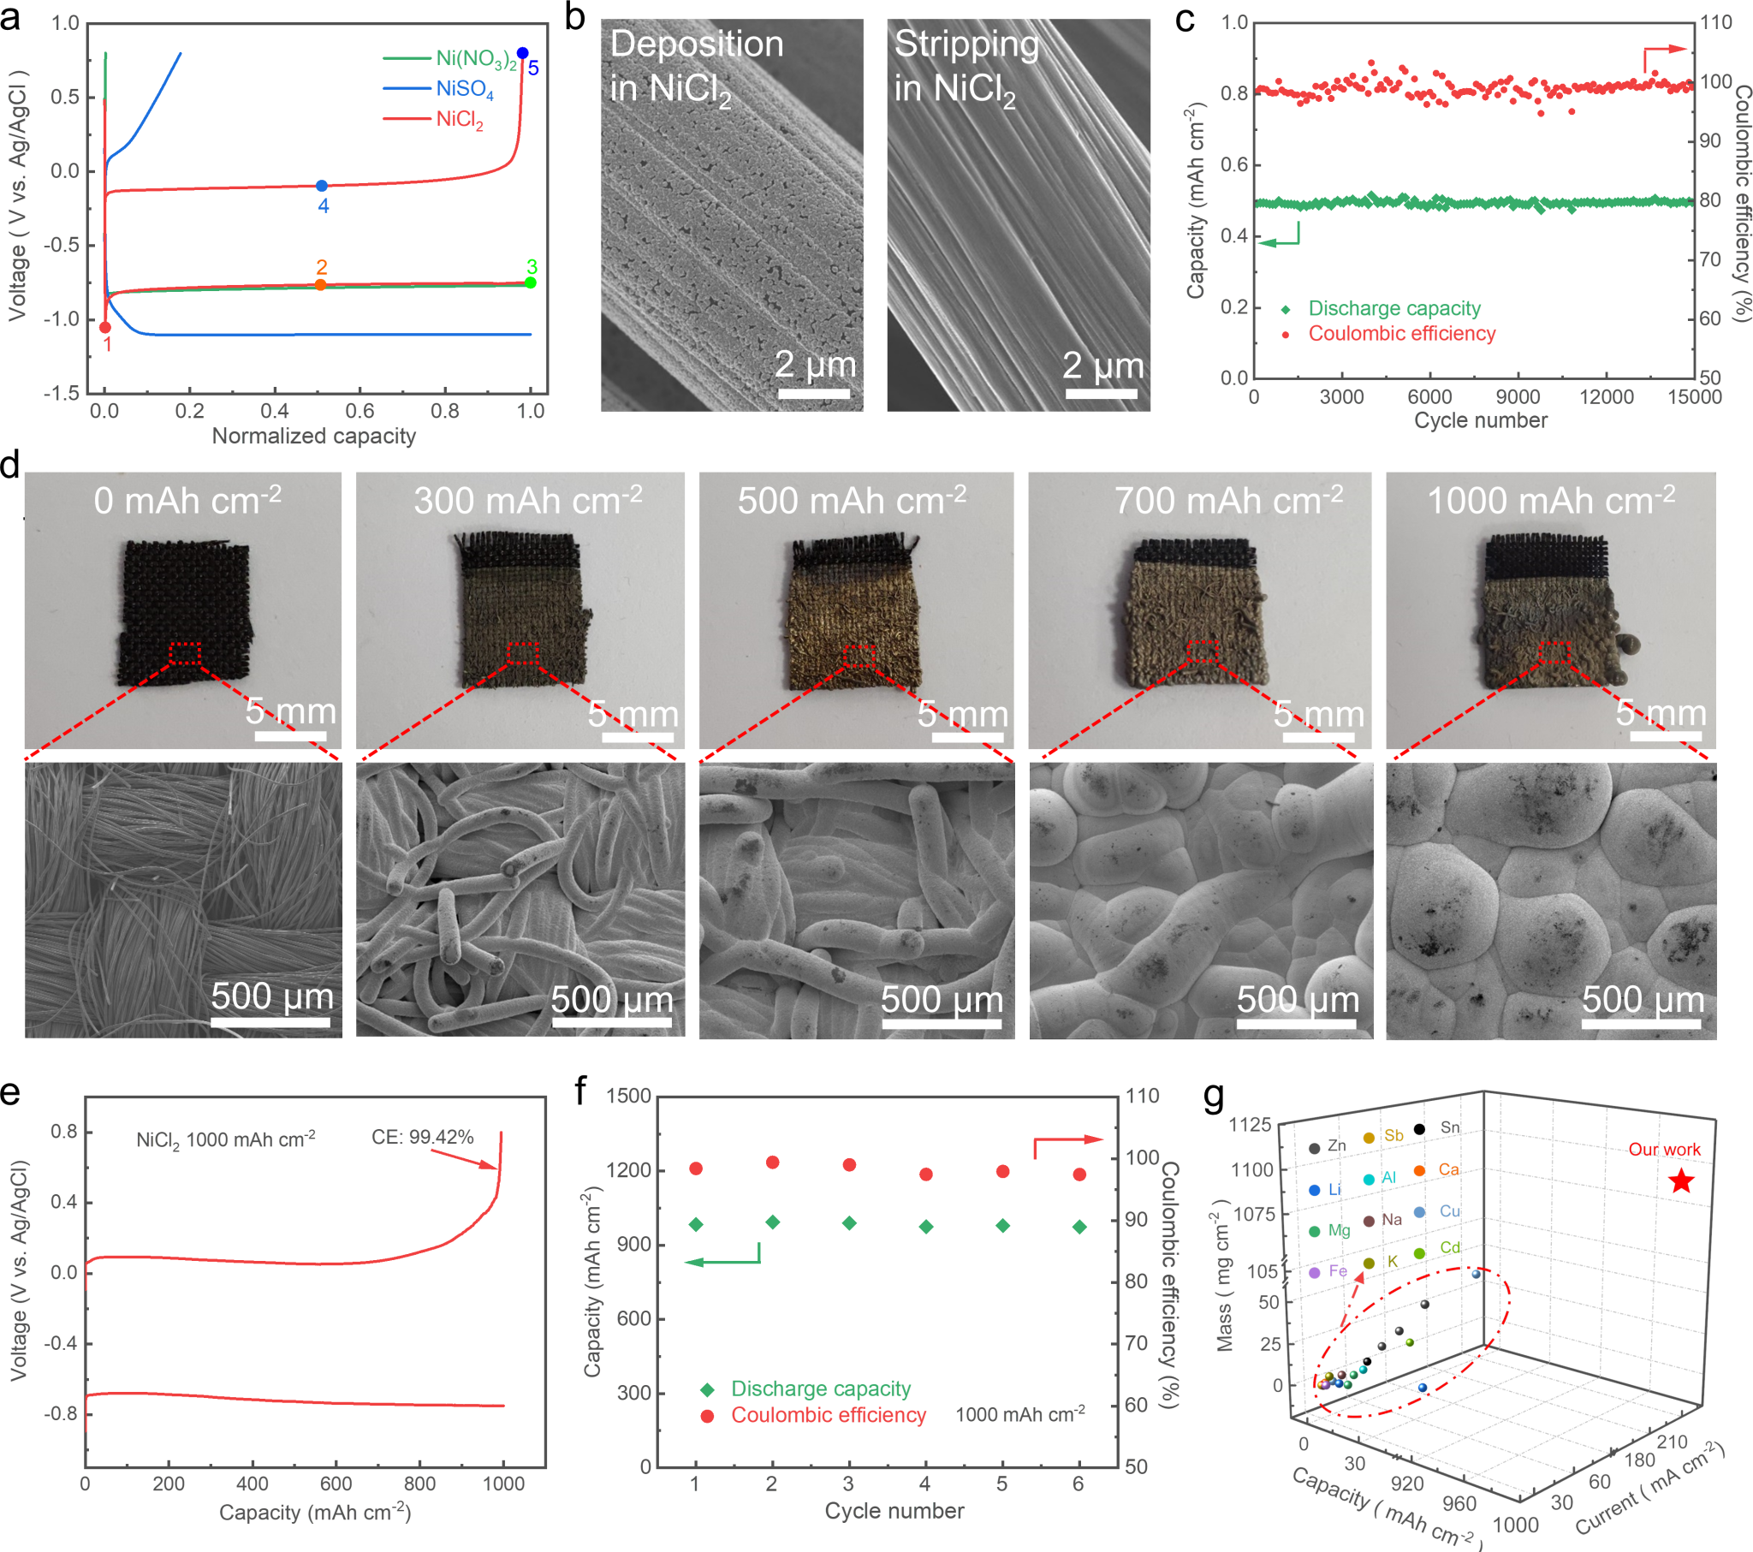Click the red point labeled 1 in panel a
tap(105, 327)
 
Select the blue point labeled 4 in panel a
tap(322, 185)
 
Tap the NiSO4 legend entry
tap(464, 88)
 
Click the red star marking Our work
tap(1682, 1181)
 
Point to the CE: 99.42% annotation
tap(422, 1137)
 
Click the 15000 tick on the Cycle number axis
tap(1694, 396)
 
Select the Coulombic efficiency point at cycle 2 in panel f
tap(772, 1162)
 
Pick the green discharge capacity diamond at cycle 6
tap(1079, 1227)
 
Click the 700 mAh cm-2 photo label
tap(1228, 500)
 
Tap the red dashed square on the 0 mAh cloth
tap(184, 653)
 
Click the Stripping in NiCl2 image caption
tap(966, 65)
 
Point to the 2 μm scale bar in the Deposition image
tap(814, 394)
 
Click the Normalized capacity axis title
tap(313, 436)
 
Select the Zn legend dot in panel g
tap(1314, 1148)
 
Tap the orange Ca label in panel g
tap(1448, 1169)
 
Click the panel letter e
tap(10, 1092)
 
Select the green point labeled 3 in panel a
tap(530, 282)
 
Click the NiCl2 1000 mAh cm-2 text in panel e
tap(226, 1139)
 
